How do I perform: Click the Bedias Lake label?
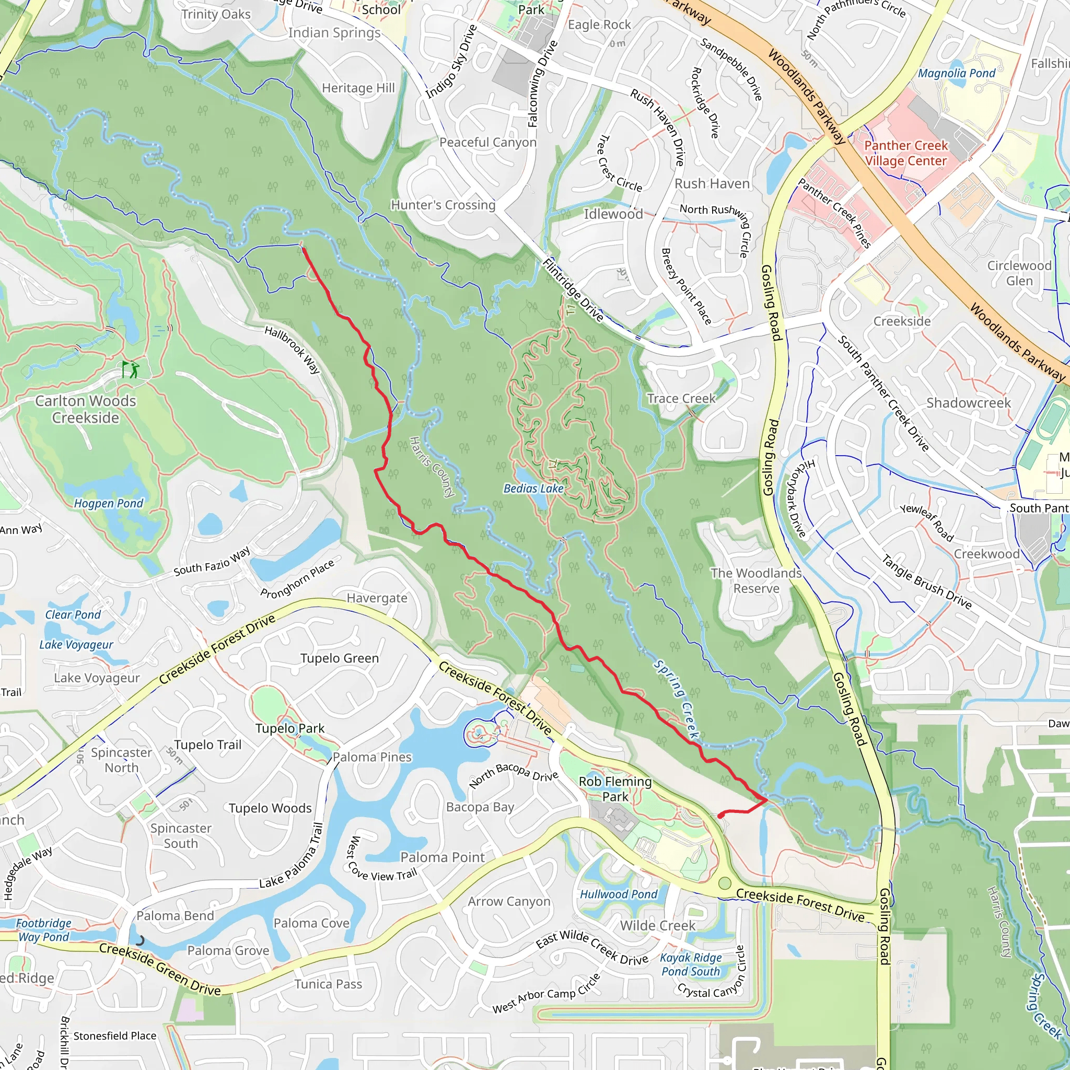[533, 489]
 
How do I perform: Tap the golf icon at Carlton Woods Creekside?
[131, 369]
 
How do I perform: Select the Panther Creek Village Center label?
[906, 154]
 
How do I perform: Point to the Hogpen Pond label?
[109, 504]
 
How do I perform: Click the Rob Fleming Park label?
[615, 788]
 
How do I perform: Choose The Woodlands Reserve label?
[756, 581]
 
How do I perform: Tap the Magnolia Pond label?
[957, 73]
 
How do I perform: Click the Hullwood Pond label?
[618, 894]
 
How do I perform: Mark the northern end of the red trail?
[303, 249]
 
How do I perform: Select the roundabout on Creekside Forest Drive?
[725, 883]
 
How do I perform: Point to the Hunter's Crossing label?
[443, 205]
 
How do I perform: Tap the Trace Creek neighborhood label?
[681, 399]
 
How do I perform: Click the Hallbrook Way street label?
[293, 350]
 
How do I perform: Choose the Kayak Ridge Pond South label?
[691, 965]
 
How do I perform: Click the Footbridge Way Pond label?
[43, 931]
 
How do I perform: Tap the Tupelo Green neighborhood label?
[340, 658]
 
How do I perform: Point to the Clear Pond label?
[73, 615]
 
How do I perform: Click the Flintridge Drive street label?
[573, 289]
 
